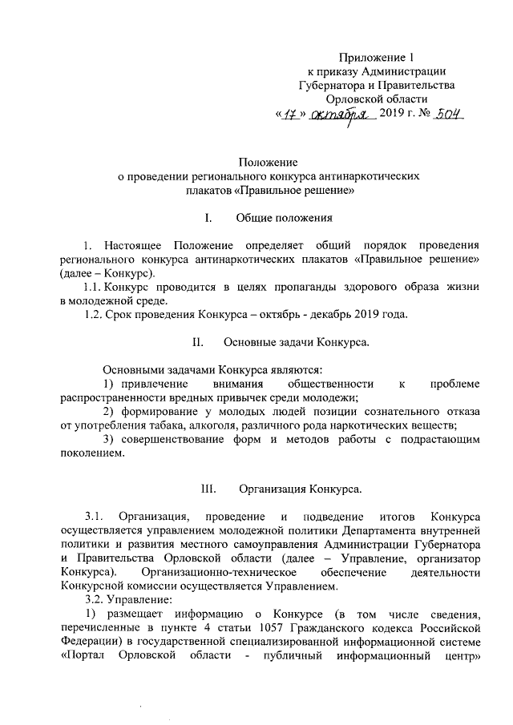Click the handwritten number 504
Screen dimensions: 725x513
click(446, 115)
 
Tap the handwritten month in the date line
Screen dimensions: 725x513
click(345, 115)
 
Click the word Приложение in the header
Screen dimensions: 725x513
click(374, 57)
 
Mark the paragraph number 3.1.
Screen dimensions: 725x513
click(95, 516)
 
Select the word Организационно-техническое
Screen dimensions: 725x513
click(220, 572)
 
